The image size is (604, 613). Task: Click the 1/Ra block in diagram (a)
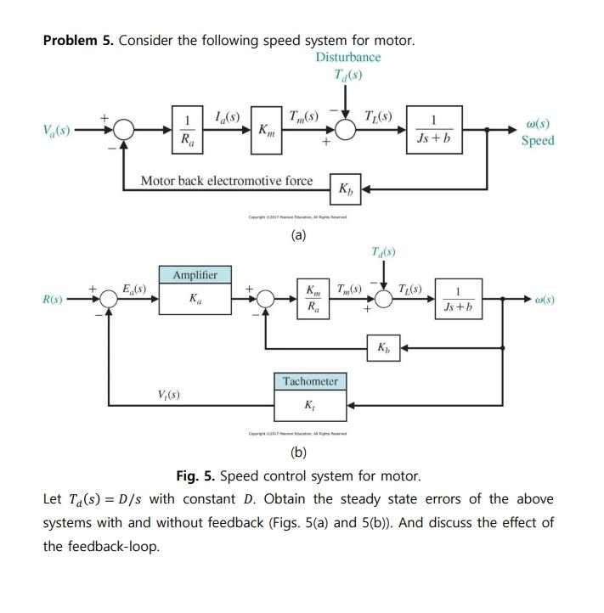187,130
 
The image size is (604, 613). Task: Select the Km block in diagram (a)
266,130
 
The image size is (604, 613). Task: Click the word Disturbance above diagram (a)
348,57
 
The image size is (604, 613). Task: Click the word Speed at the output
538,141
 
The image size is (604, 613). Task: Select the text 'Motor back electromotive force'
226,181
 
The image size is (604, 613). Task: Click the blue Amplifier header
195,275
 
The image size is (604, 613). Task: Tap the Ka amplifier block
195,300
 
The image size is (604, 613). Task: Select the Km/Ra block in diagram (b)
313,299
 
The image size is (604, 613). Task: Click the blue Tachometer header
310,382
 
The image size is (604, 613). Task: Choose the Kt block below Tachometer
310,406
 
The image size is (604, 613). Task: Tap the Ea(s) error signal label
134,288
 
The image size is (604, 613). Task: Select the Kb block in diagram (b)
384,347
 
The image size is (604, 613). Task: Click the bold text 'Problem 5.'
78,41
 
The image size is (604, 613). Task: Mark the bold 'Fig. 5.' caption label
197,475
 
